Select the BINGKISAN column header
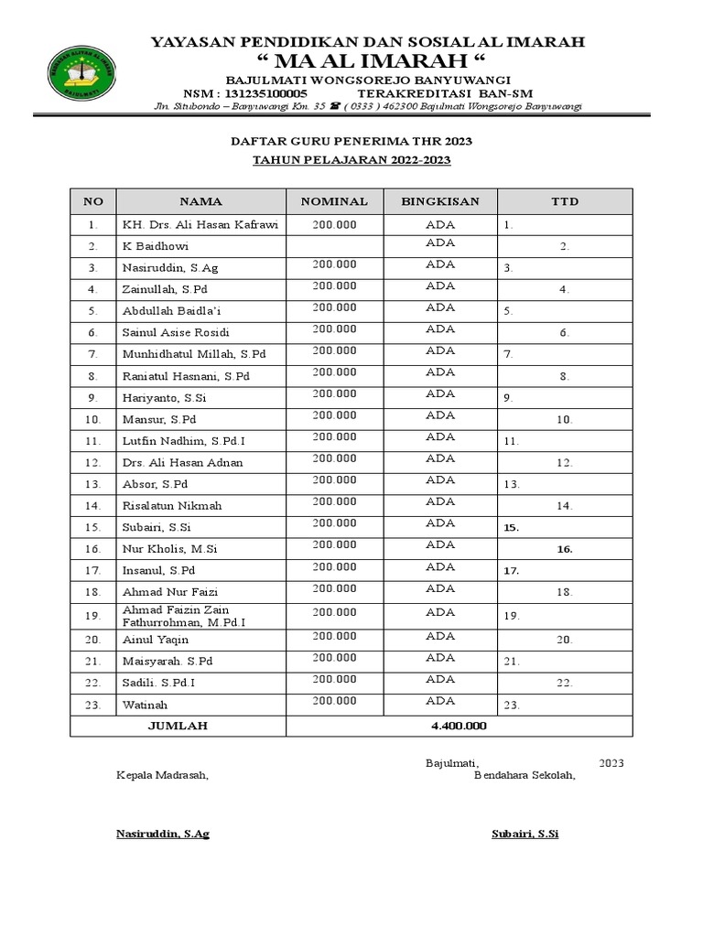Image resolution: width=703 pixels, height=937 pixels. [440, 201]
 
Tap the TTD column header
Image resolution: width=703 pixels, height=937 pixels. [565, 201]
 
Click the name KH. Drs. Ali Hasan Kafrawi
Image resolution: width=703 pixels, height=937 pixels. [200, 224]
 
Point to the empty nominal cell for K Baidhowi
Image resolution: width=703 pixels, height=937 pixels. [334, 246]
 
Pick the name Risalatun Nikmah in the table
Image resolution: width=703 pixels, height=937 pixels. [172, 505]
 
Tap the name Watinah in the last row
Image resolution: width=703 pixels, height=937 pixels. [145, 705]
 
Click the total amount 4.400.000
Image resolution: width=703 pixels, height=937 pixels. [459, 727]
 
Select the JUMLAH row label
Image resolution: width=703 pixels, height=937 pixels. [178, 727]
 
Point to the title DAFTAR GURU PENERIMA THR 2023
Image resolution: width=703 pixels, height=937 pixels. [351, 142]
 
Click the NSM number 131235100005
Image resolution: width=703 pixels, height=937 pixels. [265, 94]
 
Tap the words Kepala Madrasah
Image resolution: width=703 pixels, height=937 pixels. [162, 775]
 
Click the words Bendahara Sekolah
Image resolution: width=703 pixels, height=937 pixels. [525, 775]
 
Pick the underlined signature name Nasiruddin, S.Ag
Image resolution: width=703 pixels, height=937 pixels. [162, 835]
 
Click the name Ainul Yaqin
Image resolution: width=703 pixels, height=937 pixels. [156, 641]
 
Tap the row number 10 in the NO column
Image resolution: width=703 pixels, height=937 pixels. [93, 419]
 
